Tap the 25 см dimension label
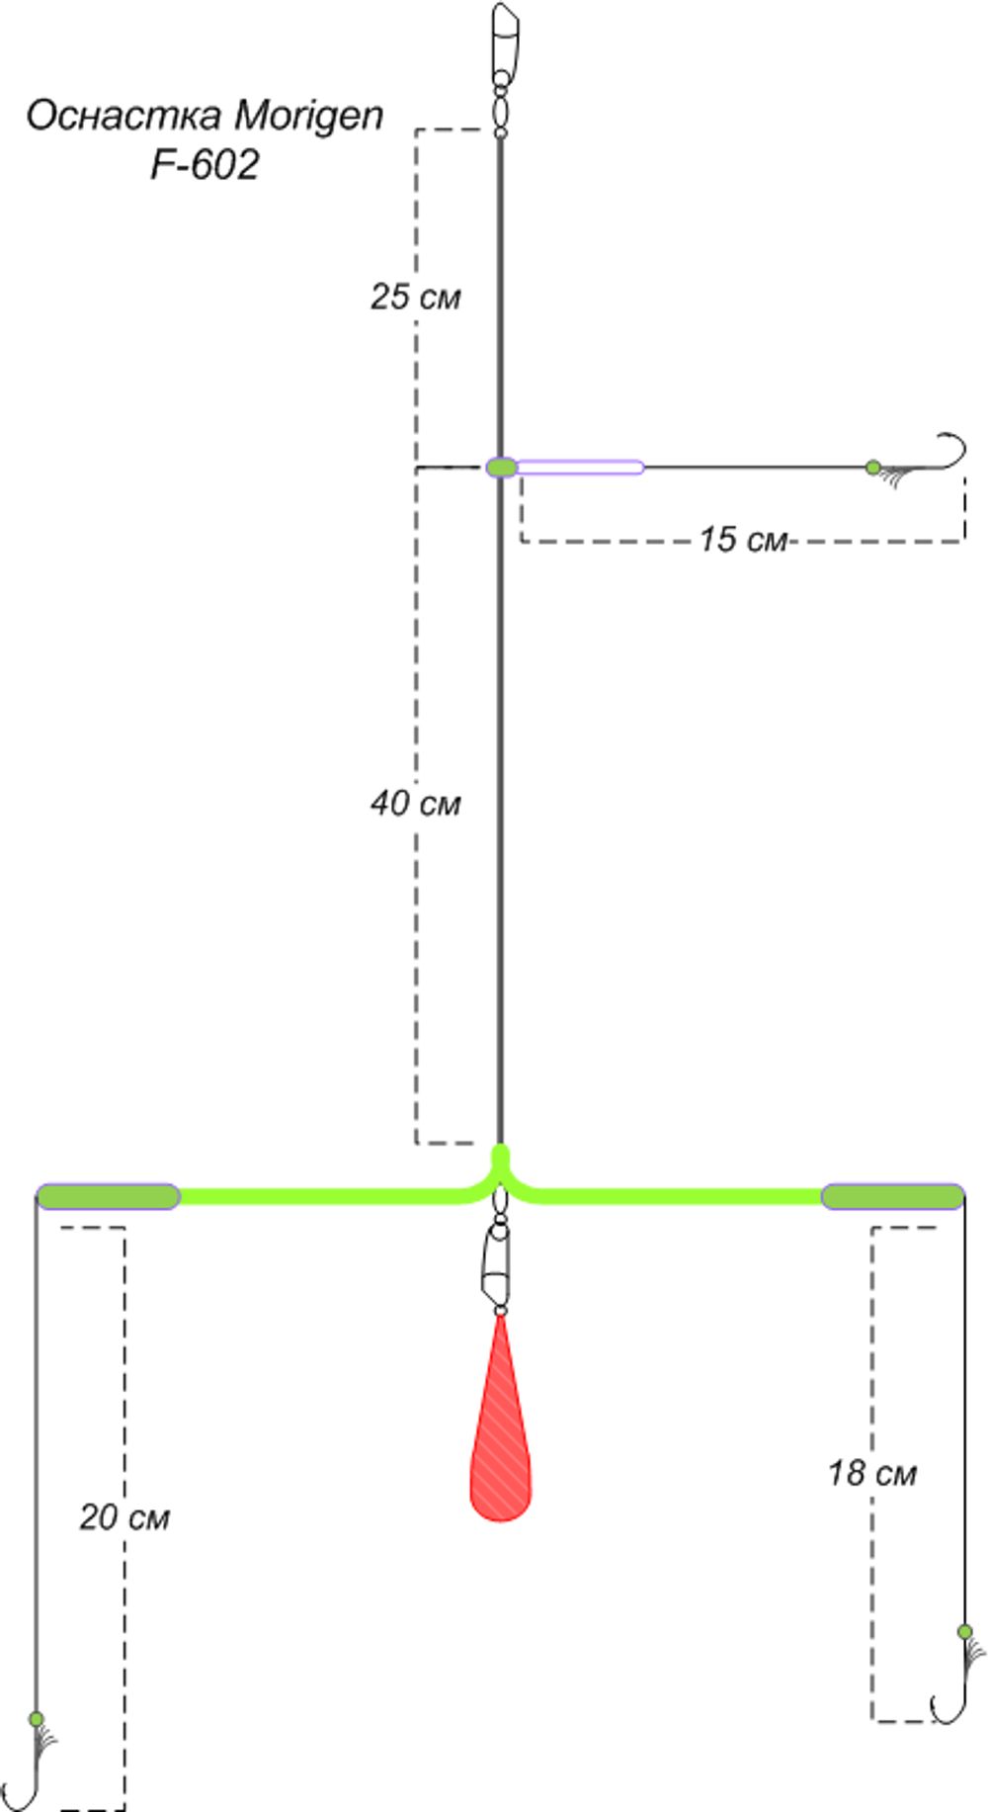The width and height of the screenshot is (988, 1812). (x=416, y=297)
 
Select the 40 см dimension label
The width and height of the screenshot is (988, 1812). (x=416, y=803)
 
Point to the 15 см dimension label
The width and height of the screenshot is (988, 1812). (x=743, y=539)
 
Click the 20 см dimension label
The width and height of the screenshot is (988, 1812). (x=124, y=1516)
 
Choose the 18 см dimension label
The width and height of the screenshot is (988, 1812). (x=872, y=1473)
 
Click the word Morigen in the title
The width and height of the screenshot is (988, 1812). (x=308, y=117)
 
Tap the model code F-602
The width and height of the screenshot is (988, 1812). (x=205, y=164)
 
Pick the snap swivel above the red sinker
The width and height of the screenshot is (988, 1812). (x=500, y=1255)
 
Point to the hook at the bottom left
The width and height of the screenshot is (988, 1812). (x=25, y=1779)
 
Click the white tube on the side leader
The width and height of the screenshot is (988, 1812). (x=580, y=467)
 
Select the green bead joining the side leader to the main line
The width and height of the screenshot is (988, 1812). (x=501, y=467)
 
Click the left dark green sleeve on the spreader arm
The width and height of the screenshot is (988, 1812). (x=109, y=1196)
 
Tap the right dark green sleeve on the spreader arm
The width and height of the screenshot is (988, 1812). (x=893, y=1196)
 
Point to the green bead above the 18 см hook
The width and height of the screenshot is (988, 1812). (x=965, y=1631)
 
